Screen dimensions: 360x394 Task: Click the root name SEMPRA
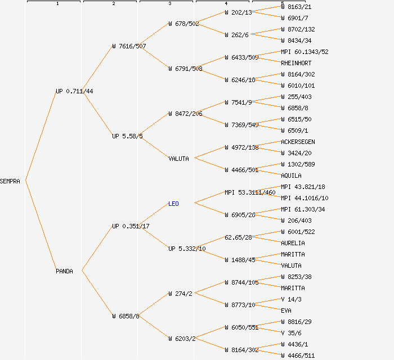10,181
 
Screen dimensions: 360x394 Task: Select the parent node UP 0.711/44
74,91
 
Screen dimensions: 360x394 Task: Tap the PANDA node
64,271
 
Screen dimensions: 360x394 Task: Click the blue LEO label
173,204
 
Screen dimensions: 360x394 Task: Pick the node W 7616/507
129,46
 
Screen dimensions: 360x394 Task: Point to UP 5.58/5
127,136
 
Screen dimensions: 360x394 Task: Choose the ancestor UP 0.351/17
131,226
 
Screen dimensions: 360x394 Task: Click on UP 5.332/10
187,249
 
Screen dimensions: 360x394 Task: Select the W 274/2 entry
181,294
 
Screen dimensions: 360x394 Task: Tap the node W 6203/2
182,339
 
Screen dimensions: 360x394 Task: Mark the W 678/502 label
183,24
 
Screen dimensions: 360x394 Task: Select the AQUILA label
291,175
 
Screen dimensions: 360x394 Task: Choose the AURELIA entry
293,243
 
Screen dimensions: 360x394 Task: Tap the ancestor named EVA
286,310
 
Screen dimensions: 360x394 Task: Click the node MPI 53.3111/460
250,192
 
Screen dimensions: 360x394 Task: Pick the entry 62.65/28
238,237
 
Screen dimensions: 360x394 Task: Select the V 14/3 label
291,299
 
